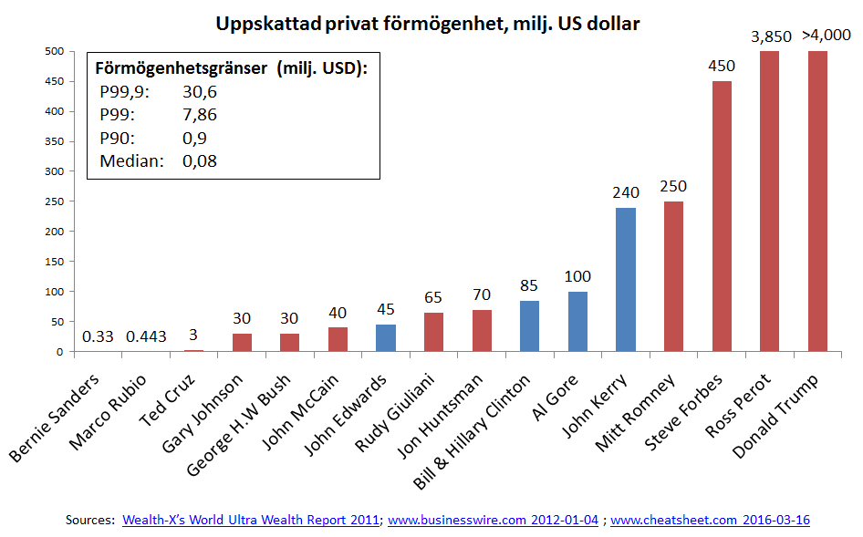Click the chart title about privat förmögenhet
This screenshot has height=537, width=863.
(428, 24)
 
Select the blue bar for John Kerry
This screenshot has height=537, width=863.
(626, 279)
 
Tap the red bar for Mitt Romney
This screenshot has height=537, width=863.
(673, 276)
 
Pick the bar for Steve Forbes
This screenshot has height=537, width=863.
(722, 216)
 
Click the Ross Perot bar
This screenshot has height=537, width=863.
(769, 201)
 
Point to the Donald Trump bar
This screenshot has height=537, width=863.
(816, 201)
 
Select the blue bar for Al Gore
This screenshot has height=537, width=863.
(577, 321)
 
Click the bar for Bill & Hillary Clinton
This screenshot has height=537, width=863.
(530, 325)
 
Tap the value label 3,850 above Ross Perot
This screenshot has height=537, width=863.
(772, 36)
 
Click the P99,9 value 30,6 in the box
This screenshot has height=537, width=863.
(200, 91)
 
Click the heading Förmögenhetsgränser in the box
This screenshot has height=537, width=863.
(182, 68)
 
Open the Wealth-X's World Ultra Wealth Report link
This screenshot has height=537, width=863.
(250, 520)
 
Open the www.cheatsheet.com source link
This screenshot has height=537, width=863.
(710, 520)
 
